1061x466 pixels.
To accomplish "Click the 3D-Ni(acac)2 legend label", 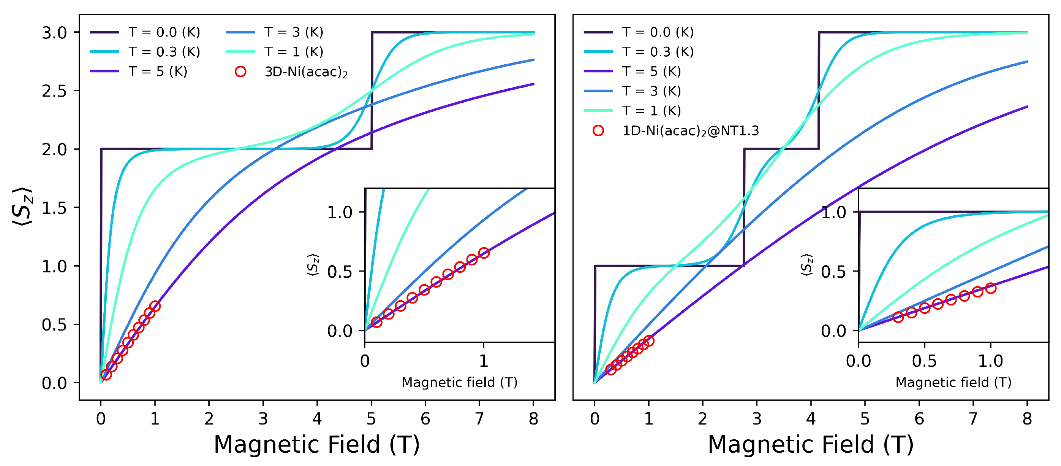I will pyautogui.click(x=306, y=72).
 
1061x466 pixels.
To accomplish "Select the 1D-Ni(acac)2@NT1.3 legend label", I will pyautogui.click(x=690, y=131).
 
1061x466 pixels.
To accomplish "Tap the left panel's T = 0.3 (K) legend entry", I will pyautogui.click(x=164, y=52).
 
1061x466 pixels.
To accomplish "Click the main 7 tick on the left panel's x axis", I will pyautogui.click(x=479, y=418).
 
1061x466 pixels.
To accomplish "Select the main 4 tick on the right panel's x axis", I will pyautogui.click(x=811, y=418).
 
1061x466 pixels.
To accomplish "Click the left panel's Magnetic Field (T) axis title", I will pyautogui.click(x=316, y=445).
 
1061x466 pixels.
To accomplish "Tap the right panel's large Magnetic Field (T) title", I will pyautogui.click(x=811, y=445).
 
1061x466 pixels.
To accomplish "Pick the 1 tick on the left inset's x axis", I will pyautogui.click(x=484, y=361).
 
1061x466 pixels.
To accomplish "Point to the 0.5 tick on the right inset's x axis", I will pyautogui.click(x=924, y=361).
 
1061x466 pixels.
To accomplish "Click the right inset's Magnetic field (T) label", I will pyautogui.click(x=953, y=382).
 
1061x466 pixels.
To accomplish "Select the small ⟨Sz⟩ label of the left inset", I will pyautogui.click(x=313, y=265).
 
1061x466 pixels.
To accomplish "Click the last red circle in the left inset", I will pyautogui.click(x=484, y=253).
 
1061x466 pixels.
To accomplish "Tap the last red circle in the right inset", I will pyautogui.click(x=991, y=288).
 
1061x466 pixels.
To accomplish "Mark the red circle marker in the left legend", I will pyautogui.click(x=240, y=72).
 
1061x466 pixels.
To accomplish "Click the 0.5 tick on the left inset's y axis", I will pyautogui.click(x=339, y=272).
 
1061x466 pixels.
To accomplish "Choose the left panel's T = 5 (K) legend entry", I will pyautogui.click(x=158, y=72).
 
